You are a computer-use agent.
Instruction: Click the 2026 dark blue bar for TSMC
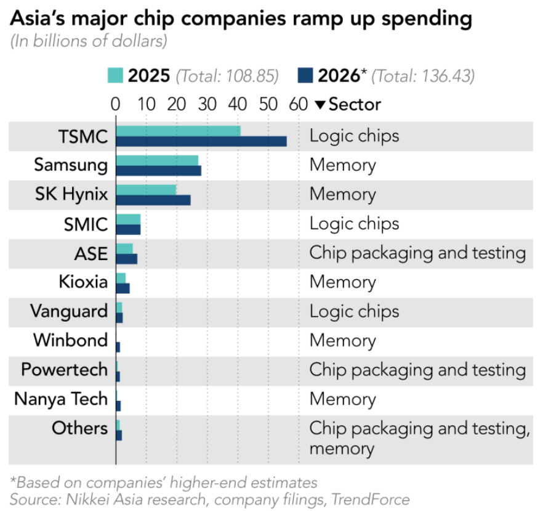click(x=201, y=142)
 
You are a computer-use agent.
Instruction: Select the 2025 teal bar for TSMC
click(x=178, y=131)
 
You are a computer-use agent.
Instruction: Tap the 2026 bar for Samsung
click(x=158, y=171)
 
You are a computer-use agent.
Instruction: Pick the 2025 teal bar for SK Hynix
click(x=146, y=189)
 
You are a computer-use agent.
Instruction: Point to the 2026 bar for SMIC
click(x=128, y=229)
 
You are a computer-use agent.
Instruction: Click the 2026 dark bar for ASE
click(x=126, y=259)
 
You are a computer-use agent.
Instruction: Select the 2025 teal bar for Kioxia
click(x=121, y=277)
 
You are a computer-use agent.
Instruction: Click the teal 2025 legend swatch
click(x=115, y=76)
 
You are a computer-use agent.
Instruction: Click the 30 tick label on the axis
click(x=207, y=104)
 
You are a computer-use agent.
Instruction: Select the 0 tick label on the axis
click(x=115, y=104)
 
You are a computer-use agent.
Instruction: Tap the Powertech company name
click(x=64, y=369)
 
